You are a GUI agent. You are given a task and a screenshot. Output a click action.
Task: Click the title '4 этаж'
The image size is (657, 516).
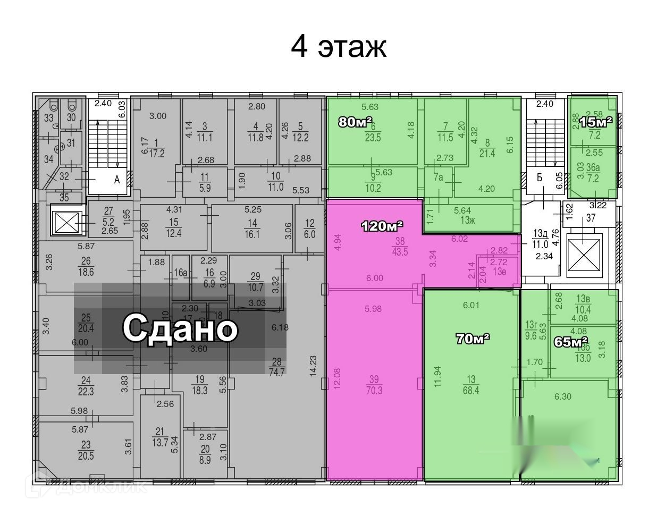[338, 47]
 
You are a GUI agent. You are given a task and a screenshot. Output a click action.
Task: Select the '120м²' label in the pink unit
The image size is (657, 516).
[382, 226]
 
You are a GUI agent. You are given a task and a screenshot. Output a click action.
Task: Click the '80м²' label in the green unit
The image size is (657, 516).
[355, 122]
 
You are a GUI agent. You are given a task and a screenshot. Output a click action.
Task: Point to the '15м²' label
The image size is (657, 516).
[595, 122]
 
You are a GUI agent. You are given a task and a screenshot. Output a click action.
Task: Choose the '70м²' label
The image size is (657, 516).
[473, 339]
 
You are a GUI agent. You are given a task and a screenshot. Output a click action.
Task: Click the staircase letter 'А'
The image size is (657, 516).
[117, 180]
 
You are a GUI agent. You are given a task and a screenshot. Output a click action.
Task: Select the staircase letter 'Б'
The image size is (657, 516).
[539, 177]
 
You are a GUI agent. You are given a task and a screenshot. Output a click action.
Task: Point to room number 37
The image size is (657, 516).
[590, 218]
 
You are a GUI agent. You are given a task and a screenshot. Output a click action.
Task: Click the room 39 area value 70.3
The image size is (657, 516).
[374, 391]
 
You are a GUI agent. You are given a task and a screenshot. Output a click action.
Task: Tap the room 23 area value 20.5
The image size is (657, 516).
[86, 455]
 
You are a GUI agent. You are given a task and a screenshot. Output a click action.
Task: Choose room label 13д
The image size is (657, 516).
[540, 233]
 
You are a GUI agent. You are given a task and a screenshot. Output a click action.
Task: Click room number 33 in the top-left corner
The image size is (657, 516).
[49, 117]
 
